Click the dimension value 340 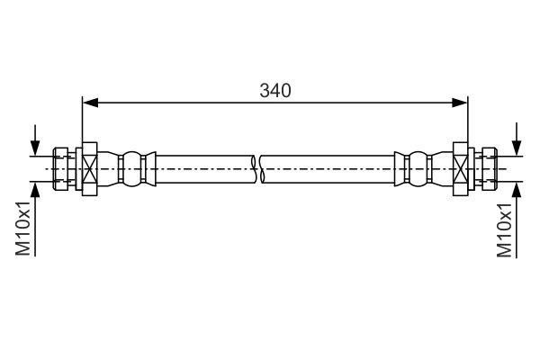[275, 90]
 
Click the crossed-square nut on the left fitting [90, 168]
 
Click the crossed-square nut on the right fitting [461, 168]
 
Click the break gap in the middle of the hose [258, 168]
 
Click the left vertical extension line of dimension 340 [82, 121]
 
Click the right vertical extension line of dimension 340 [469, 121]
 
